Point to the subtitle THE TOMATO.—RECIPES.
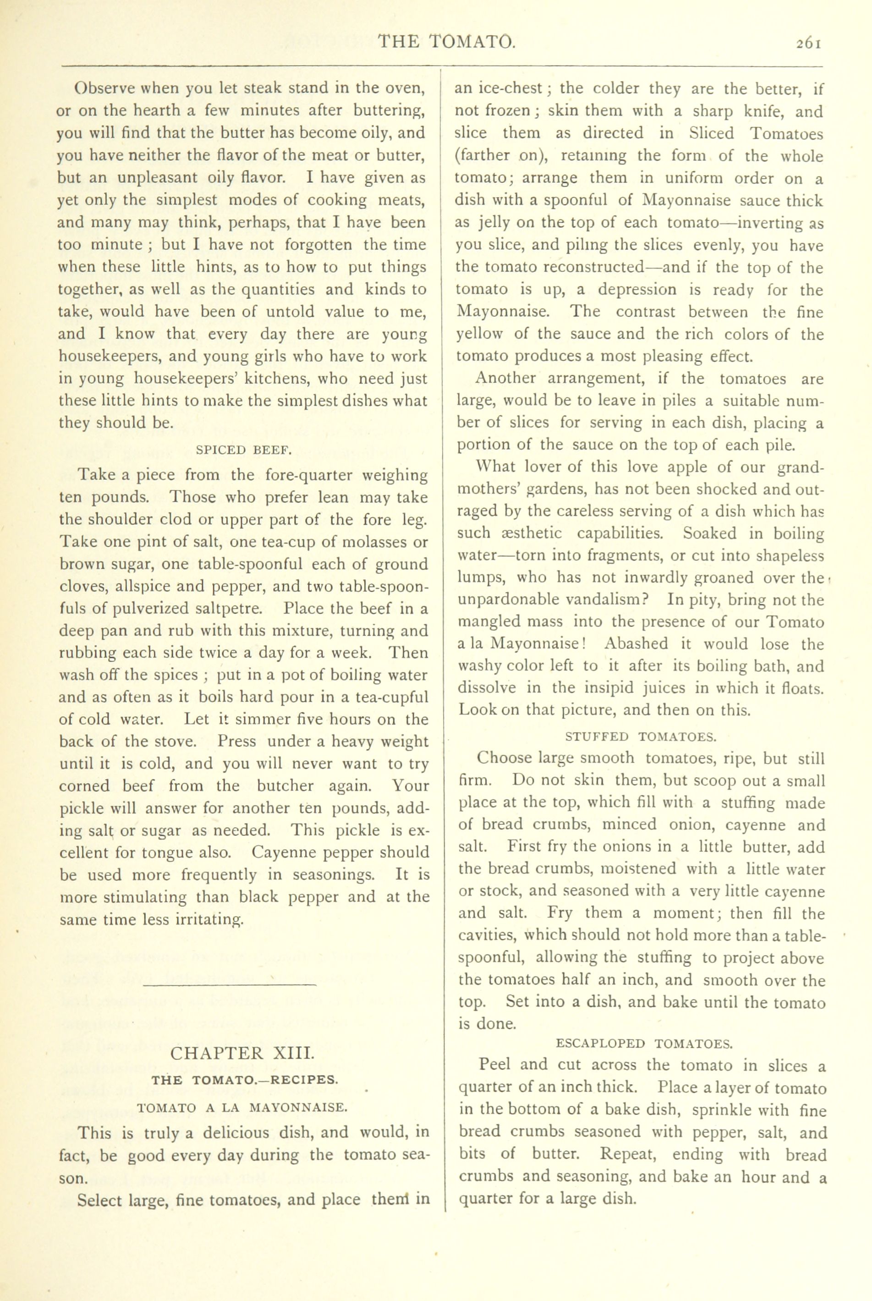[x=244, y=1080]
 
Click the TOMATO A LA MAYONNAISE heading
[x=242, y=1108]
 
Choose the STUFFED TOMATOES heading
[x=641, y=737]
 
